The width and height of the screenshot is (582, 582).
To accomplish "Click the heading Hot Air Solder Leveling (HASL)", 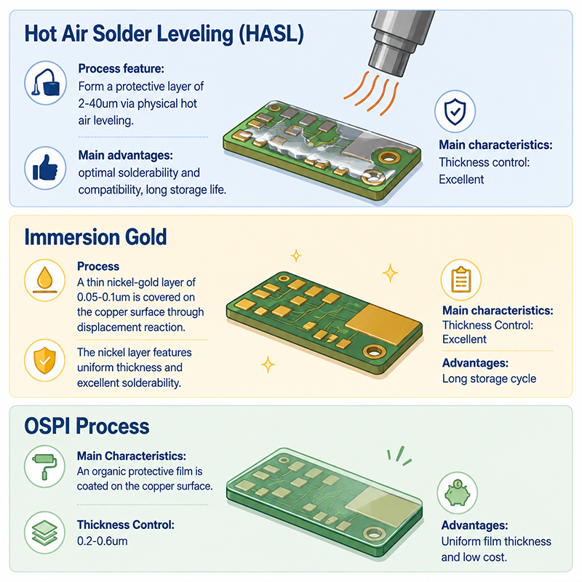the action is pyautogui.click(x=164, y=33).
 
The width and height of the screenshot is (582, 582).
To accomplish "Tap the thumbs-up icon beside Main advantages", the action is pyautogui.click(x=45, y=168).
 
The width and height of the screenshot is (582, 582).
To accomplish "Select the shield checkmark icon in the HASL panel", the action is pyautogui.click(x=455, y=111).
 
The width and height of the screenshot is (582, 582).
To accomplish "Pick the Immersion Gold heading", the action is pyautogui.click(x=95, y=237).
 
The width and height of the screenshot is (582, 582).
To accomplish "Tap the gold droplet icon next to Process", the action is pyautogui.click(x=45, y=279).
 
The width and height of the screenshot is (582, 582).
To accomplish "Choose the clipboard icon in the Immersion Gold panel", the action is pyautogui.click(x=461, y=279).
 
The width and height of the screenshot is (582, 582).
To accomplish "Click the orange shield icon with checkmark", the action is pyautogui.click(x=45, y=360).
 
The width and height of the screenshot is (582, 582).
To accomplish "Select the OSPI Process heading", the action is pyautogui.click(x=87, y=426).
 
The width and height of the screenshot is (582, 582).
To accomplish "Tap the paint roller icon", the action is pyautogui.click(x=45, y=466).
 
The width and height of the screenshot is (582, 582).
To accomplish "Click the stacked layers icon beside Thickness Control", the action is pyautogui.click(x=45, y=533).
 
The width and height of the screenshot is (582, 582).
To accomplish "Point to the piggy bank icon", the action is pyautogui.click(x=458, y=493).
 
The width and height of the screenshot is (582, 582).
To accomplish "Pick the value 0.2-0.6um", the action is pyautogui.click(x=103, y=541).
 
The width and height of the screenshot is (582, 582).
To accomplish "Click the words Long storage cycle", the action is pyautogui.click(x=489, y=379).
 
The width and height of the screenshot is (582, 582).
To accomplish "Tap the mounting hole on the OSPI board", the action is pyautogui.click(x=374, y=534).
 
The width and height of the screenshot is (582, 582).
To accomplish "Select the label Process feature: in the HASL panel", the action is pyautogui.click(x=121, y=68).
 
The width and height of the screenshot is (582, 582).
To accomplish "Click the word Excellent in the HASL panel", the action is pyautogui.click(x=461, y=180).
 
